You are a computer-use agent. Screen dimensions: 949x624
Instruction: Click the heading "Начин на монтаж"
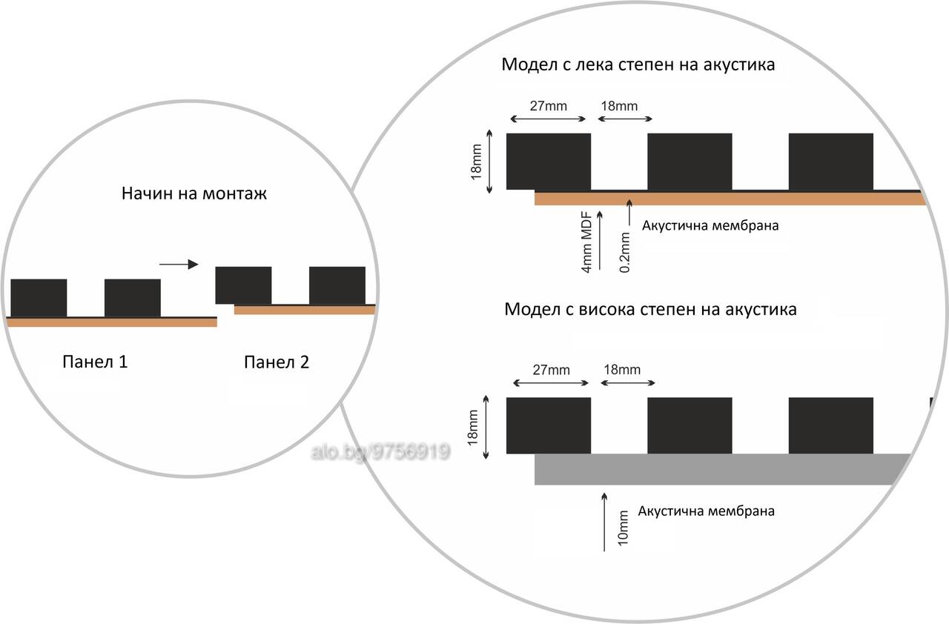point(194,193)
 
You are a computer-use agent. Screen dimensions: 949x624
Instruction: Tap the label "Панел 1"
point(95,362)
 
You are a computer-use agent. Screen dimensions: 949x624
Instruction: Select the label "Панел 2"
point(277,362)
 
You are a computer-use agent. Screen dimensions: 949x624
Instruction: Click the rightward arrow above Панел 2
point(179,265)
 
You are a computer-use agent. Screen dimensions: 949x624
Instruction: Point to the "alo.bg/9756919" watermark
point(380,452)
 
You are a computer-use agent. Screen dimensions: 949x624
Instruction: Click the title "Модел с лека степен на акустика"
point(638,64)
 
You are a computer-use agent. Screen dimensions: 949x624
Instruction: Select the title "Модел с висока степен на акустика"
point(650,310)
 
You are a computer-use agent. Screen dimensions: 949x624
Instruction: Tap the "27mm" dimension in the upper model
point(548,106)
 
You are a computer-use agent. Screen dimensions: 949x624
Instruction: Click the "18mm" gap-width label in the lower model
point(622,370)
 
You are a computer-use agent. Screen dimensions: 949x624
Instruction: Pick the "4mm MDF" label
point(586,242)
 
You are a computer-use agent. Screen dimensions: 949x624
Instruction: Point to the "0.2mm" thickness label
point(624,252)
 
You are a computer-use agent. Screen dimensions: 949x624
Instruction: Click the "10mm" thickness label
point(623,528)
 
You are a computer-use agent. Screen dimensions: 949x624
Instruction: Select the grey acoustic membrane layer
point(720,469)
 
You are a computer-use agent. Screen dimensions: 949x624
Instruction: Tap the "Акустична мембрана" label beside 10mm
point(707,511)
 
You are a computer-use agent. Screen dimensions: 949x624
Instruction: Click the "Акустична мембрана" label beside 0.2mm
point(710,225)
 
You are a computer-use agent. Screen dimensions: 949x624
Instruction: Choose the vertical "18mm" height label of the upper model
point(476,162)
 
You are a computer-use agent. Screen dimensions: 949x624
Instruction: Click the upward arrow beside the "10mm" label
point(604,522)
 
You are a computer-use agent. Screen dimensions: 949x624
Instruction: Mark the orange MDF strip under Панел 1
point(112,322)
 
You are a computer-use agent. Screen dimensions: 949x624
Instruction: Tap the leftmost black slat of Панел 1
point(39,298)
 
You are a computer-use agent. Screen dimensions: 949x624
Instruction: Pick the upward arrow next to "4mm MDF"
point(600,240)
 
